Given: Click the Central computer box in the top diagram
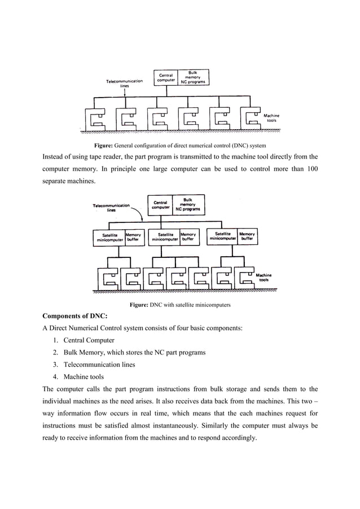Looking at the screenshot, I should (x=165, y=77).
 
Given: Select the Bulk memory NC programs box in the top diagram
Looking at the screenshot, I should (x=192, y=77).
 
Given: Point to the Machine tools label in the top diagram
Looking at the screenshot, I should (x=271, y=118).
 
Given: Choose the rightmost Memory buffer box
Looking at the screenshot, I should (x=247, y=236).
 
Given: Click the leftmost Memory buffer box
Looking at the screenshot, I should (x=133, y=237).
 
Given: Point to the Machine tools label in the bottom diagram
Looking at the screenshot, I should (x=264, y=278).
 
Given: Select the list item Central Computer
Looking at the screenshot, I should (x=89, y=340).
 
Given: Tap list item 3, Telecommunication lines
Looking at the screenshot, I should (x=99, y=365).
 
